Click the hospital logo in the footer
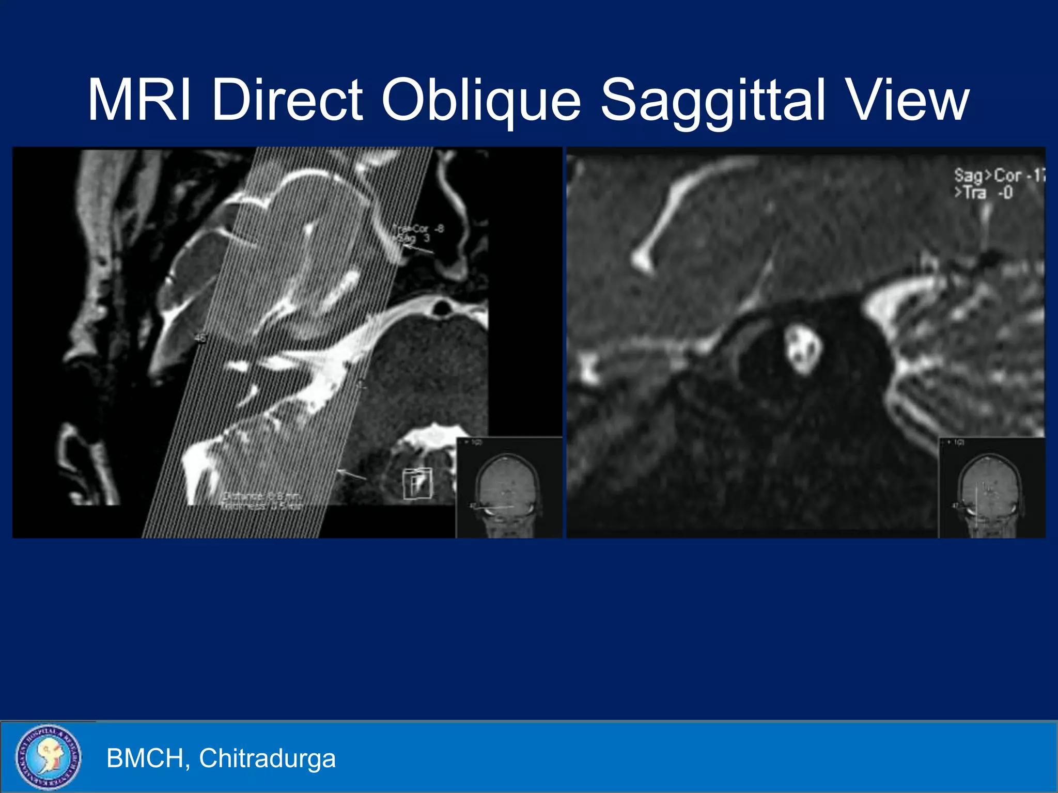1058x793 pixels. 48,757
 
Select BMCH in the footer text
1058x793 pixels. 145,758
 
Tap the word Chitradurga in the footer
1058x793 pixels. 267,758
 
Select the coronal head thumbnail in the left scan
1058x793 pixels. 508,487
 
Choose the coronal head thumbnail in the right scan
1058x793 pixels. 991,487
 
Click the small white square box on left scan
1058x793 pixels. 417,483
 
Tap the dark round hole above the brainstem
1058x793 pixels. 442,308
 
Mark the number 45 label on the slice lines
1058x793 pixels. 200,338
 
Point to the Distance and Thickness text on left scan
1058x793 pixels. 261,501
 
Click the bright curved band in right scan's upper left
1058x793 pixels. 672,212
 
